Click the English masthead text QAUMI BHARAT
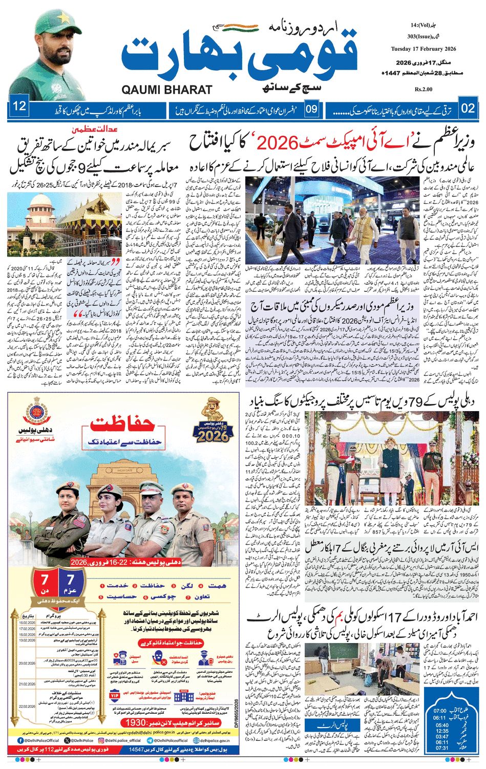click(x=167, y=90)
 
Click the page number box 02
click(x=468, y=108)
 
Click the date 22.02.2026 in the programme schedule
click(x=33, y=706)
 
